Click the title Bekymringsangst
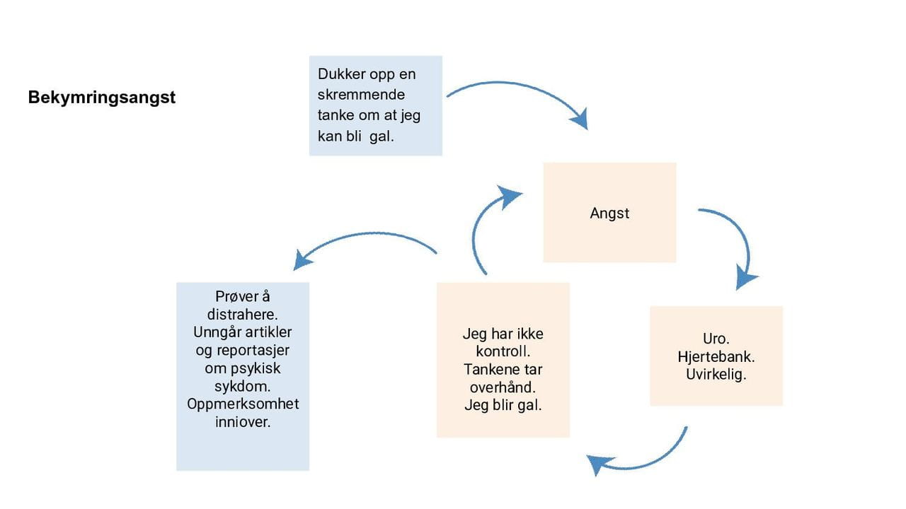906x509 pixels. (x=102, y=98)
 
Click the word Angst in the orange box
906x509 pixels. (x=609, y=213)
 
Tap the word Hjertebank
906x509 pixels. (x=716, y=357)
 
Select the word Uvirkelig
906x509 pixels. (x=716, y=375)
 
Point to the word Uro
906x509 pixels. (x=716, y=339)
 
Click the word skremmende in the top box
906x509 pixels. (x=361, y=95)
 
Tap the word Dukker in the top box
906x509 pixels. (x=341, y=74)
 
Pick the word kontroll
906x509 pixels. (x=503, y=351)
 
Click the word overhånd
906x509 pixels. (x=503, y=387)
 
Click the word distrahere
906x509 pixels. (x=242, y=314)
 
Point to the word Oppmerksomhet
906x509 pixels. (x=243, y=404)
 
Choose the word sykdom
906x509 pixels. (x=242, y=387)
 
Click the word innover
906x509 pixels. (x=242, y=422)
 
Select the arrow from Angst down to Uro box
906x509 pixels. (x=736, y=240)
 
